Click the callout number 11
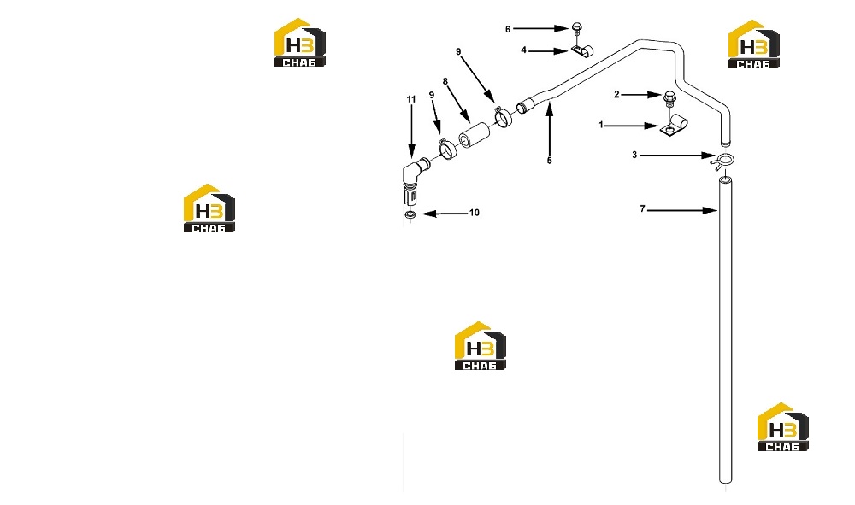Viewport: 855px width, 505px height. pos(411,99)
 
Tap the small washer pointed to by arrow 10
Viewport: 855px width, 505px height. pos(410,216)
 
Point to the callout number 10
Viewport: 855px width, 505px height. pos(475,213)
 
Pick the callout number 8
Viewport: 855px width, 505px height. pos(445,82)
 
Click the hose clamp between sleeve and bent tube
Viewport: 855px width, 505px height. pos(503,116)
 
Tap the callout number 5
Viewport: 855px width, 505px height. pos(549,161)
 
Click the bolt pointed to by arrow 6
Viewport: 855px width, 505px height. pos(577,30)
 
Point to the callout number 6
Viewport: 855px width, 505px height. pos(508,29)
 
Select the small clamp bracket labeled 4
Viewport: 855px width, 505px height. pos(582,50)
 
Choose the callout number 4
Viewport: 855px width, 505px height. pos(523,50)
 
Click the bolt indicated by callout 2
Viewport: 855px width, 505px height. pos(669,101)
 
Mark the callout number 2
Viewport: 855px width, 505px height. pos(616,94)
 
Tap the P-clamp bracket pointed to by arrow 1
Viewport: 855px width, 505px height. pos(674,126)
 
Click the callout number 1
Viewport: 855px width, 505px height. pos(601,125)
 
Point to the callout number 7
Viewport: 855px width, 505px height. pos(642,208)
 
